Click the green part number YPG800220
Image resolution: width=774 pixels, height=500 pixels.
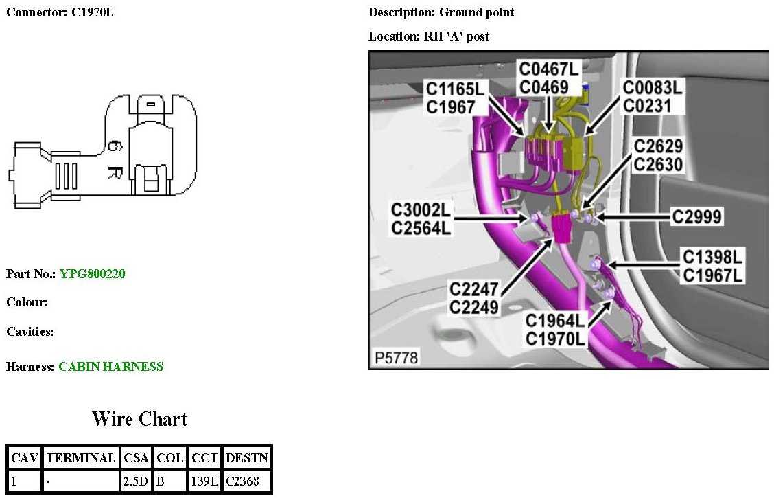coord(93,274)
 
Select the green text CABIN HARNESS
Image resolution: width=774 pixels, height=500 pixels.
coord(111,367)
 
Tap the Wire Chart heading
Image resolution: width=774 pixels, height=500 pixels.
coord(139,418)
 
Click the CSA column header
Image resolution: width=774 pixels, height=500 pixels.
coord(136,458)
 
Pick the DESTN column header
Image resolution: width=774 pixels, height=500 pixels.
coord(247,458)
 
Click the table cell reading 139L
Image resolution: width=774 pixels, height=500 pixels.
coord(204,481)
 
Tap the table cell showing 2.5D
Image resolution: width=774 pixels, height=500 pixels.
coord(135,481)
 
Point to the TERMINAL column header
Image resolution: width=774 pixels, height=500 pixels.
coord(80,458)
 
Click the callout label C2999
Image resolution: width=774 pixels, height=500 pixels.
coord(697,216)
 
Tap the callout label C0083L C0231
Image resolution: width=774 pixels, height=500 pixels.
coord(651,97)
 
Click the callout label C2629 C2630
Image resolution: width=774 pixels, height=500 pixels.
coord(658,155)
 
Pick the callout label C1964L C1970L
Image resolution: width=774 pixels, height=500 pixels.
coord(556,330)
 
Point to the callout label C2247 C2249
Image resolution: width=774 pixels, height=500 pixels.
coord(474,297)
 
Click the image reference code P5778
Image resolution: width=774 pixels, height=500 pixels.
coord(395,357)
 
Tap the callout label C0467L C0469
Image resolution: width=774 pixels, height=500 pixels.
coord(548,78)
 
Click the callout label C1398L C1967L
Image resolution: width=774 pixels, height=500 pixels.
coord(713,266)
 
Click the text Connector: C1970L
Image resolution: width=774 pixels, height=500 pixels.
coord(60,12)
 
